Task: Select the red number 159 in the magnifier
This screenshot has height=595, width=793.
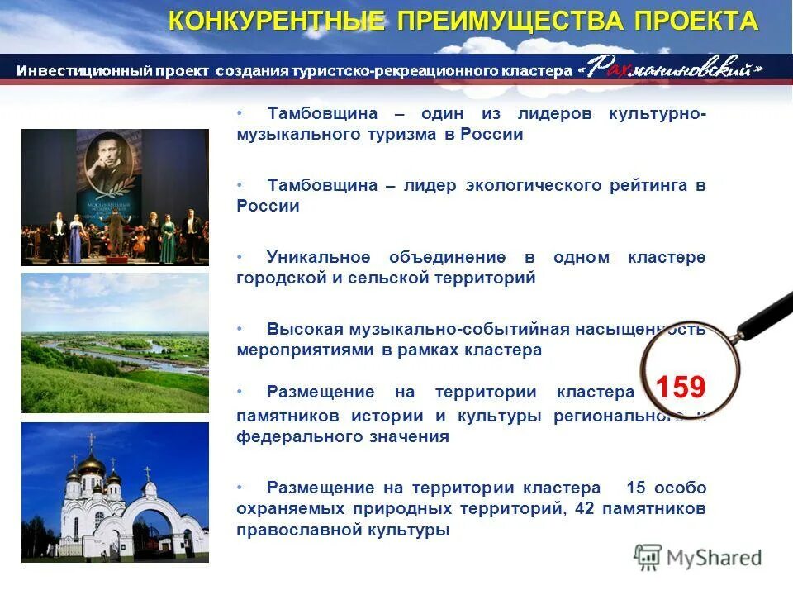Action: click(x=680, y=387)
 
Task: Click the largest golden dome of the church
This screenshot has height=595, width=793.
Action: click(x=91, y=464)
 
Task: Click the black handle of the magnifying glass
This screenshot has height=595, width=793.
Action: click(x=764, y=314)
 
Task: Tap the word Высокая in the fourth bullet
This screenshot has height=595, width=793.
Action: click(x=297, y=329)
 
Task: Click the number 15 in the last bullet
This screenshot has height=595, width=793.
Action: click(x=636, y=487)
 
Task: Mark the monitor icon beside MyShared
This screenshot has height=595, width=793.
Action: click(x=648, y=558)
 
